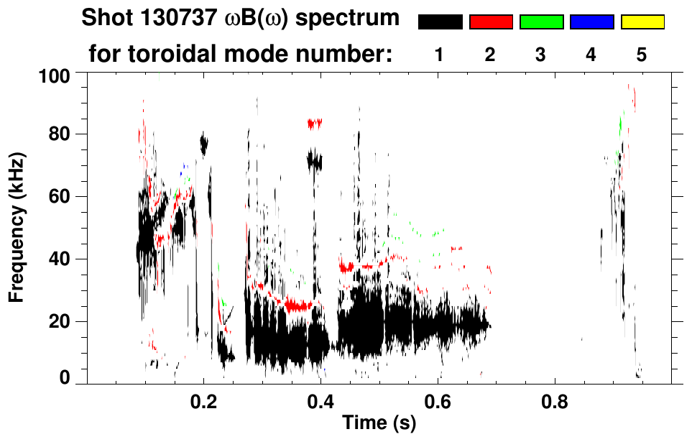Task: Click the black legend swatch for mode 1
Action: tap(440, 22)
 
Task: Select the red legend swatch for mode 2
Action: tap(491, 22)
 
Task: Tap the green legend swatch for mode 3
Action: tap(541, 22)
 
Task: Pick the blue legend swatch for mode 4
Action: tap(591, 22)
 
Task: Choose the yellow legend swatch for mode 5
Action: tap(642, 22)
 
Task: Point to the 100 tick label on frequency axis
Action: tap(53, 75)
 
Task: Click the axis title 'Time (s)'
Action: tap(379, 424)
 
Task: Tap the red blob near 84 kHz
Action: tap(314, 124)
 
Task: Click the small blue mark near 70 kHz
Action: tap(185, 166)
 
